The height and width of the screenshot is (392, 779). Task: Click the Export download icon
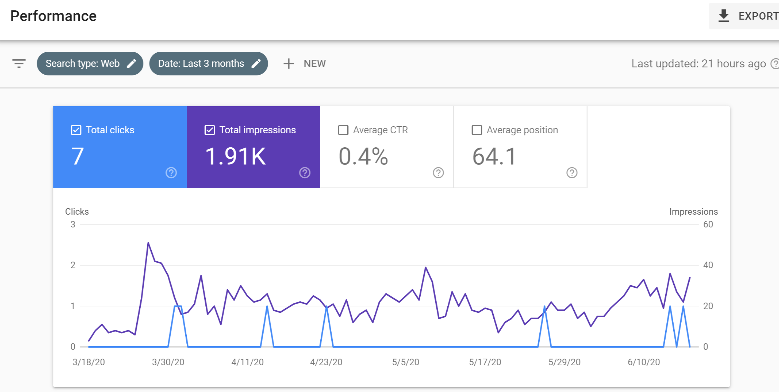click(x=723, y=16)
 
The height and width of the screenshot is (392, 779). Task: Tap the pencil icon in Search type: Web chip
click(x=132, y=64)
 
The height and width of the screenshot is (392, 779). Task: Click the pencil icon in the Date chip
click(x=256, y=64)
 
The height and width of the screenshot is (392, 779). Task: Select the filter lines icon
click(x=19, y=64)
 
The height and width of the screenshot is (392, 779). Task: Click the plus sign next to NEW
click(x=289, y=64)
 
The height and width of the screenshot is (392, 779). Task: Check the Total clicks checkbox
click(x=76, y=130)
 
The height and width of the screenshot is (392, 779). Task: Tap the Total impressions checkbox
click(x=210, y=130)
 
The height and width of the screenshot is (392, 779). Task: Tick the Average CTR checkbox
click(x=343, y=130)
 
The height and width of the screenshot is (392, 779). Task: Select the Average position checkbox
click(x=477, y=130)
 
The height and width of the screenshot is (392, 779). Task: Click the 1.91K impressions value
click(x=236, y=157)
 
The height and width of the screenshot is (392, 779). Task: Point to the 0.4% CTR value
click(x=363, y=157)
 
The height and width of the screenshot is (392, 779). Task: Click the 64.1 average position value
click(x=494, y=157)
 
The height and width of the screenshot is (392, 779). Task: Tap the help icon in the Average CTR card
click(x=438, y=173)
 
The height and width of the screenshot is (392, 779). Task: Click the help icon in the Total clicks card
click(x=171, y=173)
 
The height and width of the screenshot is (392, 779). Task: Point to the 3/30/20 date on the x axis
click(x=168, y=362)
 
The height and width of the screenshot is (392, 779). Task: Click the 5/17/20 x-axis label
click(x=485, y=362)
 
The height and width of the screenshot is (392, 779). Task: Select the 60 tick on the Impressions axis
click(x=708, y=225)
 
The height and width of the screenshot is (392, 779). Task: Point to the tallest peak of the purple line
click(x=148, y=243)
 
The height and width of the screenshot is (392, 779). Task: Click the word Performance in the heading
click(x=53, y=16)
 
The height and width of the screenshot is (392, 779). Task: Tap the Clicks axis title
click(x=77, y=211)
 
